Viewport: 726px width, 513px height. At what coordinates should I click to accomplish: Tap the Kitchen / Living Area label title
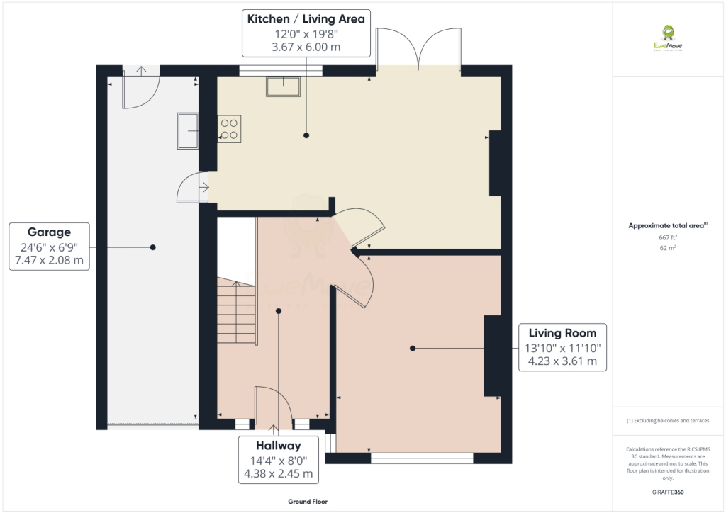coord(306,19)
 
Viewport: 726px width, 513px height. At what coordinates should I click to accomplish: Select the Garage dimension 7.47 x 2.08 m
coord(48,260)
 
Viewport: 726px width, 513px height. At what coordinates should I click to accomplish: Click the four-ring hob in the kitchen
coord(229,128)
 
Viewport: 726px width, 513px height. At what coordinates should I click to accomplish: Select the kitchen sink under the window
coord(283,86)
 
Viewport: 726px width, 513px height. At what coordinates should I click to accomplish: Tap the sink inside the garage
coord(188,130)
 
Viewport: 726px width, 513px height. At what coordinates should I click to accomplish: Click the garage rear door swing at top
coord(140,89)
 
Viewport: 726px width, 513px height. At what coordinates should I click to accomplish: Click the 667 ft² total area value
coord(669,237)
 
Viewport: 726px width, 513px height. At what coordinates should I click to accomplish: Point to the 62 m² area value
coord(669,248)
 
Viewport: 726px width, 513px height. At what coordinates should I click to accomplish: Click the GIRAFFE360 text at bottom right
coord(669,492)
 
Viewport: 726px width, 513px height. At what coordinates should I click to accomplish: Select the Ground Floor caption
coord(307,501)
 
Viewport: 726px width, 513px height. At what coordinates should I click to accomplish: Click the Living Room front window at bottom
coord(422,458)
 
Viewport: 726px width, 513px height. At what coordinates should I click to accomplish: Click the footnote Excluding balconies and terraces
coord(668,421)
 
